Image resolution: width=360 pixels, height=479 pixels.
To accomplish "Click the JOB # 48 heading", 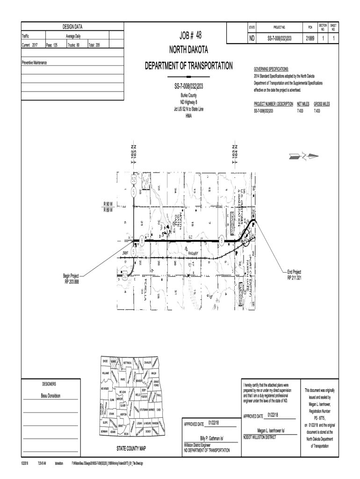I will tap(187, 36).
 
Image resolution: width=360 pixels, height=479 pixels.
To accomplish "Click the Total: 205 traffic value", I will tap(94, 45).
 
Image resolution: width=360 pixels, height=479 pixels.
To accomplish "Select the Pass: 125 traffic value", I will tap(51, 45).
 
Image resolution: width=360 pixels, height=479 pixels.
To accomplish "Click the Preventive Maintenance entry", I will tap(35, 62).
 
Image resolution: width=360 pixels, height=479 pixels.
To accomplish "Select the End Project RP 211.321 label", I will tap(294, 275).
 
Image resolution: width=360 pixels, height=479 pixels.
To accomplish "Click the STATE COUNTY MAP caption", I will tap(131, 448).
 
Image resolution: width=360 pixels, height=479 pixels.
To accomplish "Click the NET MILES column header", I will tap(303, 104).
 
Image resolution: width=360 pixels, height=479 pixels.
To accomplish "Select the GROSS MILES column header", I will tap(322, 104).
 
